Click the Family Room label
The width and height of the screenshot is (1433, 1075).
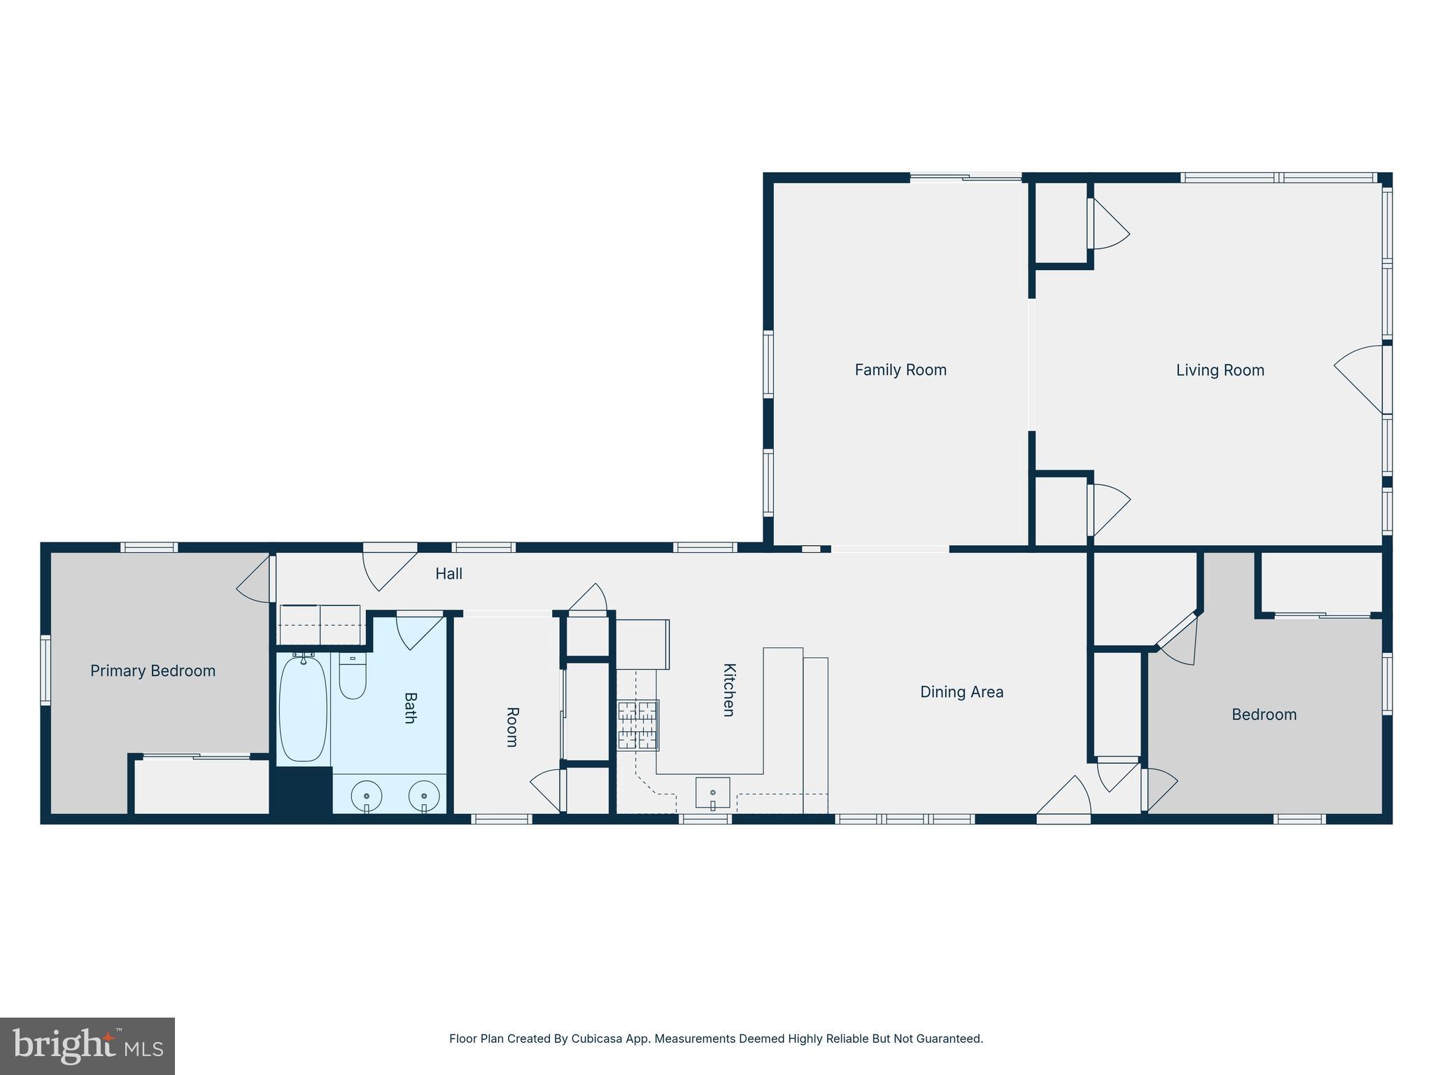point(900,370)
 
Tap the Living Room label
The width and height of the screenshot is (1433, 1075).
point(1220,370)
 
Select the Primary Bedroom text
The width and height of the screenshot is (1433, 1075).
point(153,670)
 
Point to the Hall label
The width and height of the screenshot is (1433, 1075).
point(449,574)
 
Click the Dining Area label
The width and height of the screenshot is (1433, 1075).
point(961,692)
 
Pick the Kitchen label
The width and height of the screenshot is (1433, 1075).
point(728,689)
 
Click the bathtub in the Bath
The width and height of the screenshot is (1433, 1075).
point(303,708)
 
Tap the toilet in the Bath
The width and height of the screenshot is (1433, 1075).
point(353,677)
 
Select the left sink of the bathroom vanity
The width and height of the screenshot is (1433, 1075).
point(366,796)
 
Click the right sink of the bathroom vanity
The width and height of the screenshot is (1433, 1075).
point(424,796)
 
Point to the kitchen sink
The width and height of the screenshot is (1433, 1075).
point(712,792)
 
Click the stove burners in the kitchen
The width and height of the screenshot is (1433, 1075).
point(637,725)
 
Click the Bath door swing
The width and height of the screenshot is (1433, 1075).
point(418,631)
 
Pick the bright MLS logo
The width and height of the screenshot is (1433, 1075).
point(87,1046)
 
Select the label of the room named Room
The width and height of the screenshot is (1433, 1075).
point(512,727)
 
